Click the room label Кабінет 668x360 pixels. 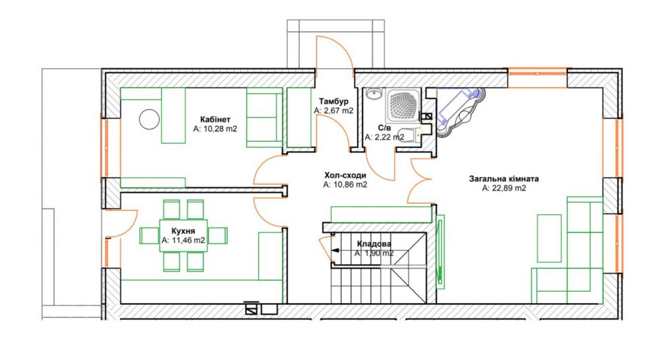pyautogui.click(x=215, y=119)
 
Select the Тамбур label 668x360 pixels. pyautogui.click(x=333, y=102)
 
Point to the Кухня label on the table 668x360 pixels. pyautogui.click(x=183, y=231)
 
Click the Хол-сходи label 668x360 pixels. pyautogui.click(x=345, y=175)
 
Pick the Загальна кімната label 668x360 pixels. pyautogui.click(x=504, y=179)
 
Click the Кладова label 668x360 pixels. pyautogui.click(x=374, y=244)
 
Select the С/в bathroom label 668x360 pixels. pyautogui.click(x=384, y=128)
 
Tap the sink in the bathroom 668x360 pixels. pyautogui.click(x=373, y=94)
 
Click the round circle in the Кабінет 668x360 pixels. pyautogui.click(x=149, y=119)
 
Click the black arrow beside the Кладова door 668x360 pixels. pyautogui.click(x=335, y=250)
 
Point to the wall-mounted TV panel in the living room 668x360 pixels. pyautogui.click(x=440, y=250)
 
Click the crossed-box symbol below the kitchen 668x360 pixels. pyautogui.click(x=252, y=308)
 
